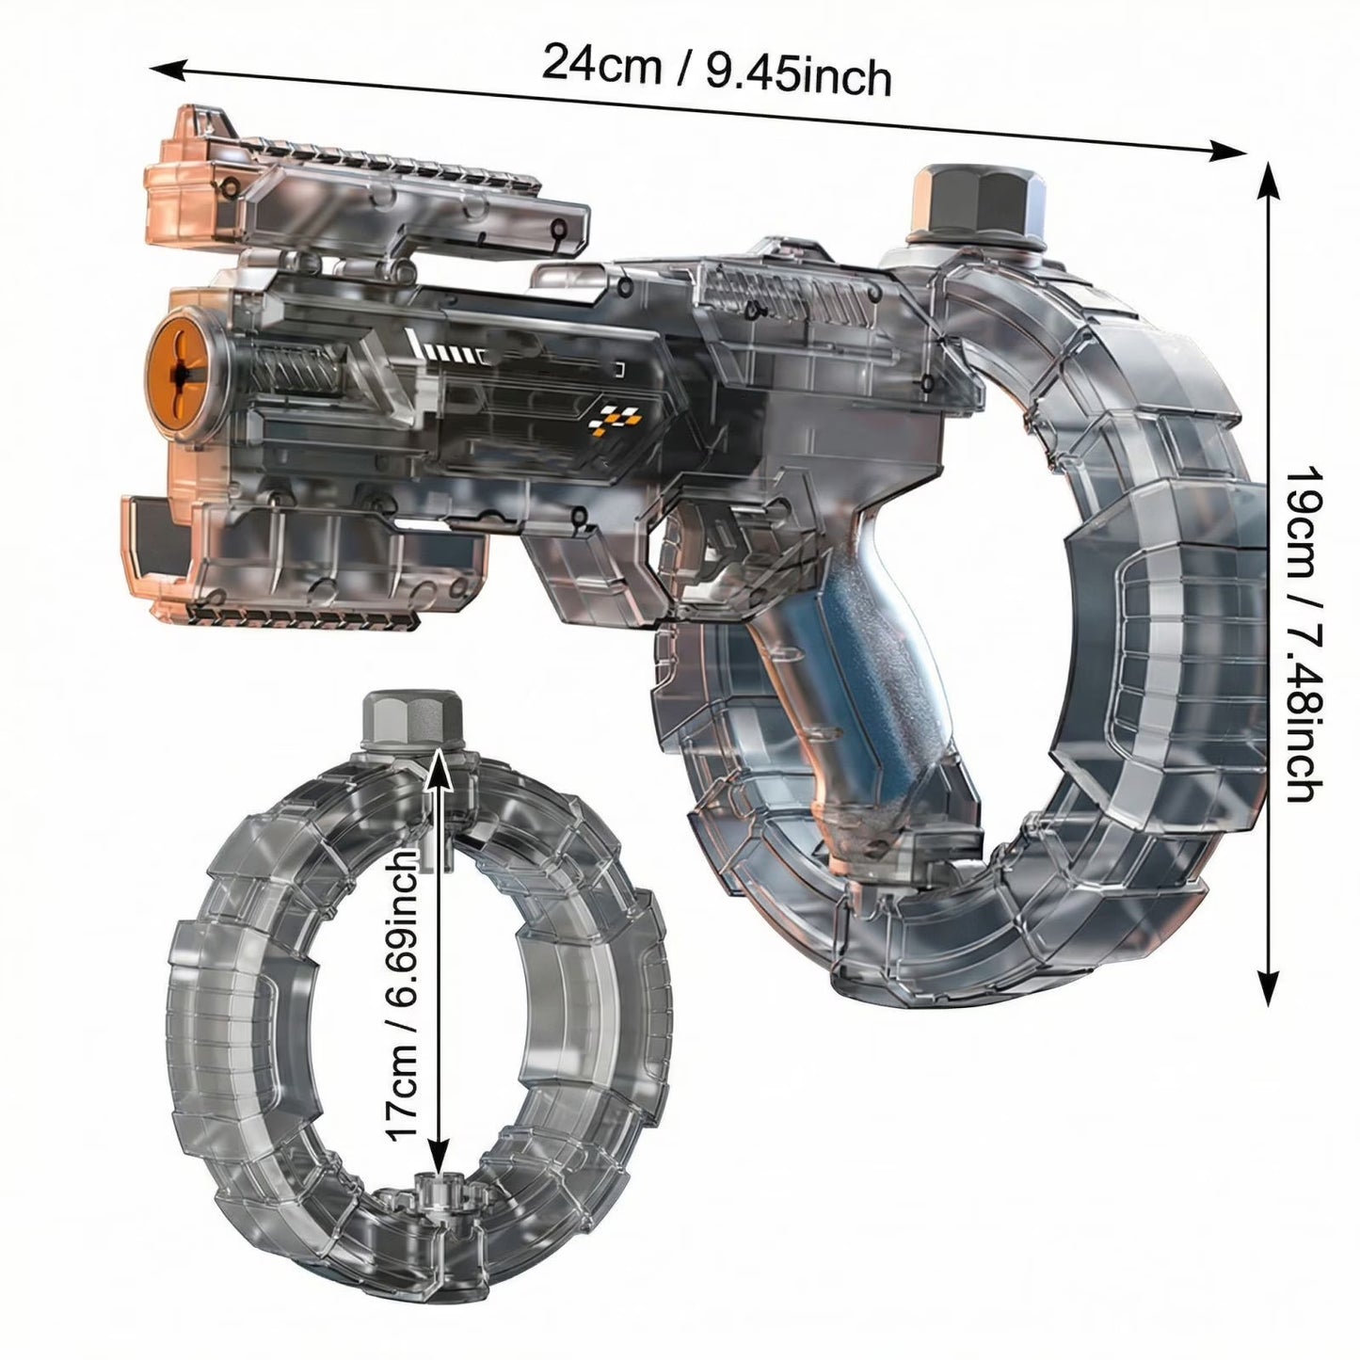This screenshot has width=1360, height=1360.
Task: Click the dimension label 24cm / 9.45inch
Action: (x=716, y=69)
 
